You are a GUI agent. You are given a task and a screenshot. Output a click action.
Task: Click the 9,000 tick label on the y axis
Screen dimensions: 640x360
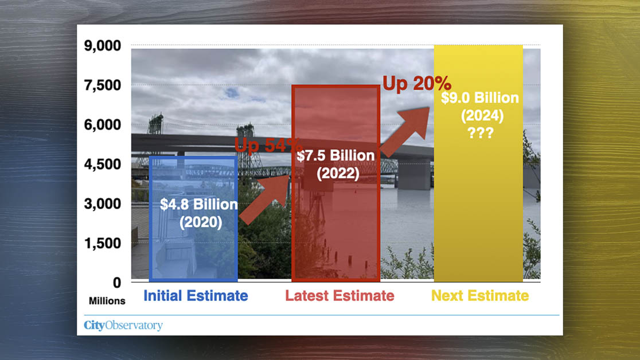(103, 46)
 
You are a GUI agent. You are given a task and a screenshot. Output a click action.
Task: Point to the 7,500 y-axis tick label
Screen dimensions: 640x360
(103, 85)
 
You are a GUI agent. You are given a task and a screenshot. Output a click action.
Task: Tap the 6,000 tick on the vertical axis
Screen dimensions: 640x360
(103, 125)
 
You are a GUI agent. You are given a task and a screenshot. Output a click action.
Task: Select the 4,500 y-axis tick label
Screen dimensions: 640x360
(103, 165)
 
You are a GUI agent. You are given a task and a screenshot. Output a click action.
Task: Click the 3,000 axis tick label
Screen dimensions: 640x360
(103, 204)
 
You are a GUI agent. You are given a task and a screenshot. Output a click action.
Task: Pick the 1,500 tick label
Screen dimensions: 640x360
(103, 243)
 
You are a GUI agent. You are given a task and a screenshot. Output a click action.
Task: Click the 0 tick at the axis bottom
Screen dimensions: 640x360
(117, 283)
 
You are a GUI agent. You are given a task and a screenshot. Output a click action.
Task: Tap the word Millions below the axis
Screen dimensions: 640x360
(107, 301)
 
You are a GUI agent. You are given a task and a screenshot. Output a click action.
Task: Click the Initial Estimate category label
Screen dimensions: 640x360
(196, 296)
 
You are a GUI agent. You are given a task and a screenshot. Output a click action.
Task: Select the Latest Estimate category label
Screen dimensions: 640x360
(339, 296)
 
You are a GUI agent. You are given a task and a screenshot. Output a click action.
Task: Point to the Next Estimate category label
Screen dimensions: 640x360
(480, 296)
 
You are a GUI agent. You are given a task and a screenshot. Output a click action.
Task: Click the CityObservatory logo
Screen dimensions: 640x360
(123, 325)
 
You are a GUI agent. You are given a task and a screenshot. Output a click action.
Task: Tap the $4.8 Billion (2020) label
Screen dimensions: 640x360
(199, 213)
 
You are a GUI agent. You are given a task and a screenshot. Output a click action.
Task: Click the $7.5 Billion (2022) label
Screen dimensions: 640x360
(336, 165)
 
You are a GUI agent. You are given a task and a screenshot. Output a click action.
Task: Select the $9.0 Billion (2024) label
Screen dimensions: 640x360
(480, 107)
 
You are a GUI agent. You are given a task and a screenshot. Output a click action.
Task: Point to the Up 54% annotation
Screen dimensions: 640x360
(268, 145)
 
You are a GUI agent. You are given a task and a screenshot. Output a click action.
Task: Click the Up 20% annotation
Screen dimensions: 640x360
(417, 84)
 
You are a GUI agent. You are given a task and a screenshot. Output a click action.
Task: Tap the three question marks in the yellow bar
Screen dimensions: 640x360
(481, 133)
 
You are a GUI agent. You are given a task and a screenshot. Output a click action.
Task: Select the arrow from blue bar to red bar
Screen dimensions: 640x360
(264, 200)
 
